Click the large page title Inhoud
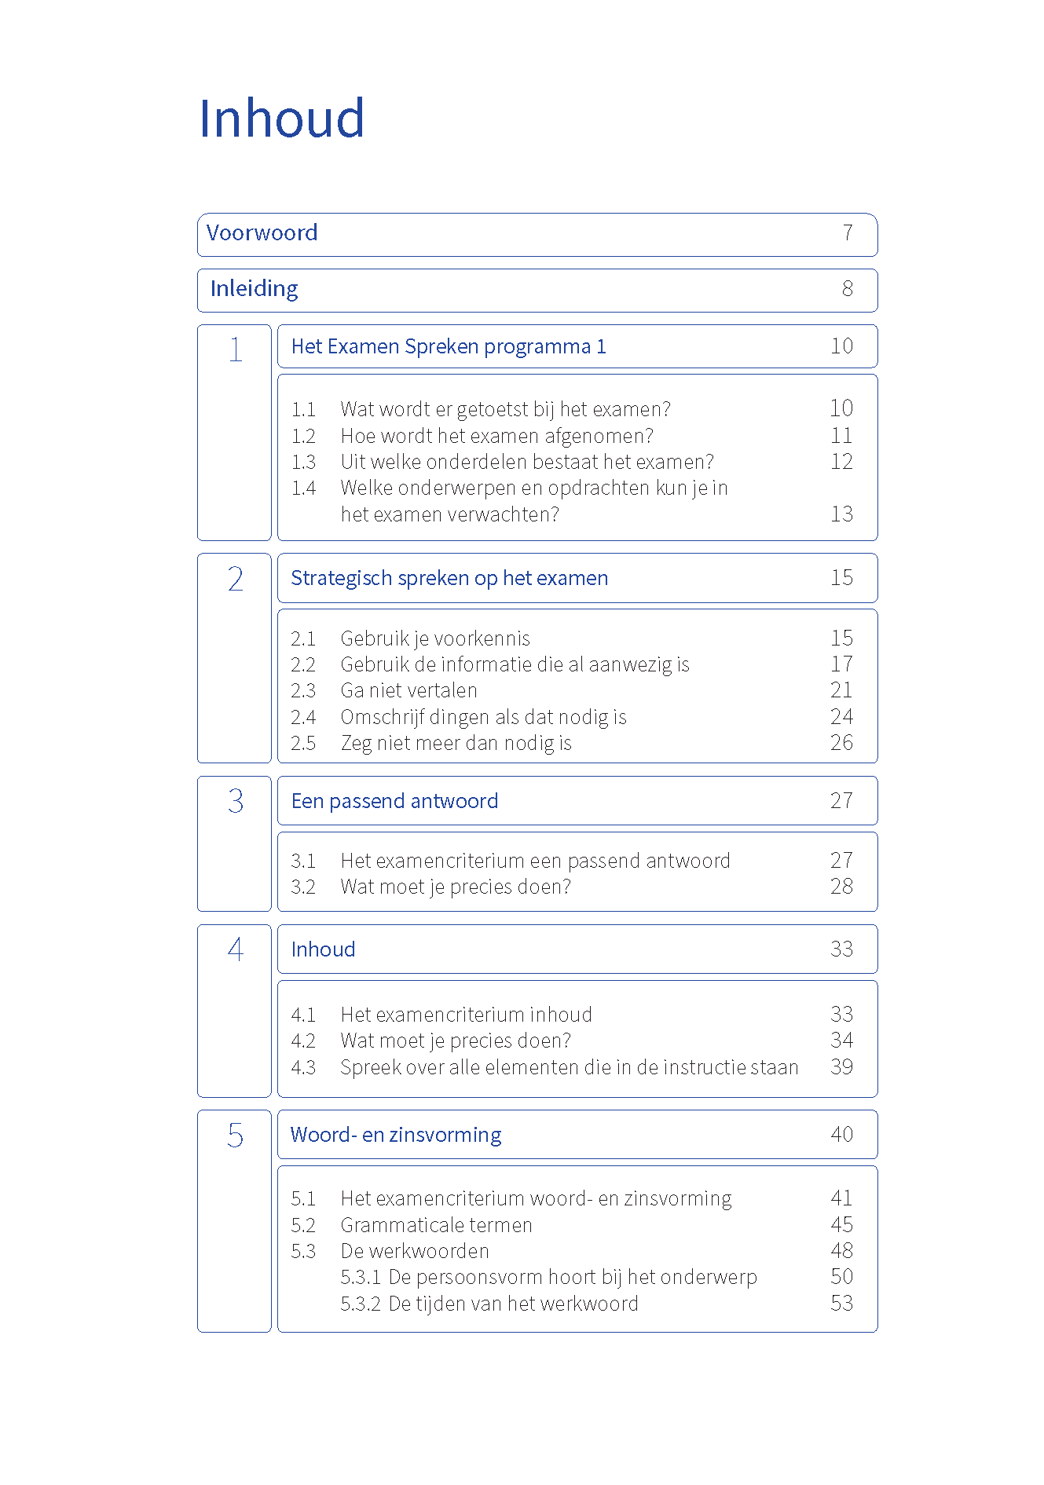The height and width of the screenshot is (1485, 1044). coord(281,119)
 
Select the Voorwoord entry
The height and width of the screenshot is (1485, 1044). coord(262,233)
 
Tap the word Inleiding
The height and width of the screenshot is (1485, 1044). coord(254,289)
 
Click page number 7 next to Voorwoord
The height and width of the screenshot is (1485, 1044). coord(848,233)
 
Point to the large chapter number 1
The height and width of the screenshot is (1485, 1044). coord(235,349)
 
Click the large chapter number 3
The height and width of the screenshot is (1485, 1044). coord(235,801)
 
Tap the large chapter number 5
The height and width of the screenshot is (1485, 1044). coord(235,1136)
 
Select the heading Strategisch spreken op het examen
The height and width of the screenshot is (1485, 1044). coord(449,579)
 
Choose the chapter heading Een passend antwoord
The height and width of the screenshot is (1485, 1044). coord(394,801)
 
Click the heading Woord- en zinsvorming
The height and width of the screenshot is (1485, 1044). coord(396,1136)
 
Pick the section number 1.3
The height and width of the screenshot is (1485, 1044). coord(303,463)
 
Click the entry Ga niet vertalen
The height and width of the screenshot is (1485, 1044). coord(408,691)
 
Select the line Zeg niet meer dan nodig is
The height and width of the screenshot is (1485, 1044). coord(456,744)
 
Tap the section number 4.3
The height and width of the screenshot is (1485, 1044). coord(303,1068)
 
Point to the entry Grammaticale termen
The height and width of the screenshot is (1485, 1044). coord(436,1226)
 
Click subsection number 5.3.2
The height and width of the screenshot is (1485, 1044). coord(361,1304)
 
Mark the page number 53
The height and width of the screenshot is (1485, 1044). coord(841,1304)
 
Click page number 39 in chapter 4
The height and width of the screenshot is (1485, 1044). coord(841,1067)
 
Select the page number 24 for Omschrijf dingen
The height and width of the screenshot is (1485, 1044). coord(841,717)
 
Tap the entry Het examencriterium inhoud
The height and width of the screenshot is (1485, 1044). coord(466,1015)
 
